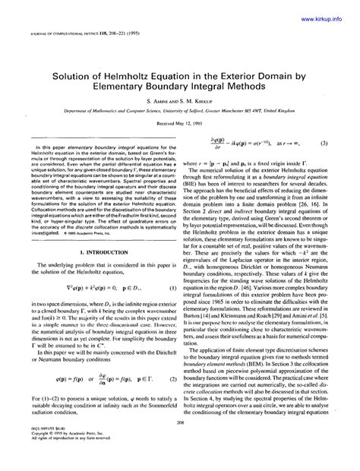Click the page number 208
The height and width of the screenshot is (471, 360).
click(179, 444)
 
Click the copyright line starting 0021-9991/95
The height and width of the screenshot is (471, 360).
click(44, 454)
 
